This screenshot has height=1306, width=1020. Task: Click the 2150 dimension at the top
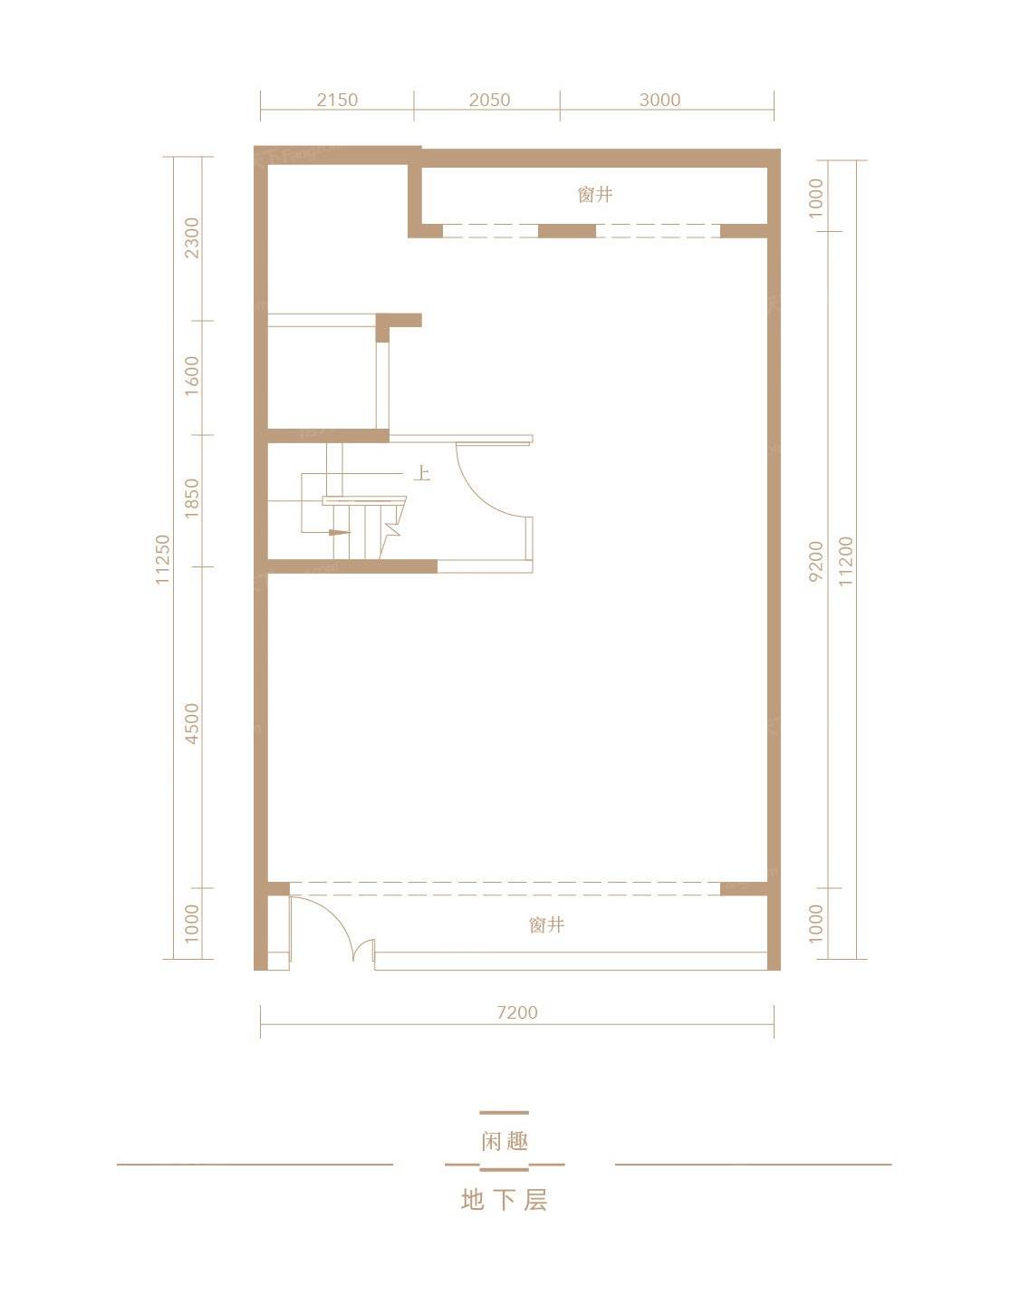tap(337, 100)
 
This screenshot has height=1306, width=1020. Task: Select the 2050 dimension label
tap(489, 100)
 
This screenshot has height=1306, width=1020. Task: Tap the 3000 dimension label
tap(659, 100)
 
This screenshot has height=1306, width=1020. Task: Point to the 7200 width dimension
tap(517, 1012)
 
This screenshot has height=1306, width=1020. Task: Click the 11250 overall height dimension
tap(162, 559)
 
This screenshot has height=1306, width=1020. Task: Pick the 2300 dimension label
tap(192, 238)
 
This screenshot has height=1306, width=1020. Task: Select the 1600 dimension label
tap(192, 375)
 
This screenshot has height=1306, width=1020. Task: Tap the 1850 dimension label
tap(192, 498)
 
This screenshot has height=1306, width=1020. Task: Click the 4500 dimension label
tap(192, 723)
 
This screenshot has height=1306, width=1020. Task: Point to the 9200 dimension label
tap(815, 561)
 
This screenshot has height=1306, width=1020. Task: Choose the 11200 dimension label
tap(845, 561)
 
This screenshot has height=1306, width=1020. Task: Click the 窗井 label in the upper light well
tap(595, 195)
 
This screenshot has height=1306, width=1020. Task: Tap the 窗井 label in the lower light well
tap(546, 924)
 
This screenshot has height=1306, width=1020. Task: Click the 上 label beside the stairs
tap(422, 474)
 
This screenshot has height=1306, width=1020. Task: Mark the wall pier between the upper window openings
tap(566, 231)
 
